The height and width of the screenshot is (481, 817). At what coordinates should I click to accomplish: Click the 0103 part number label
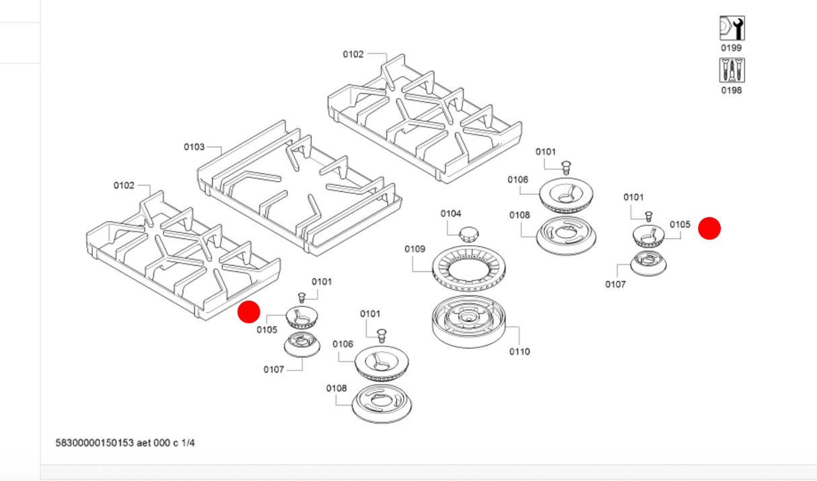click(x=194, y=146)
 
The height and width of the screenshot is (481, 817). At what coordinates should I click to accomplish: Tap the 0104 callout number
click(x=451, y=214)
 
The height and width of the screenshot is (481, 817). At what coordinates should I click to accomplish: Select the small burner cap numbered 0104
click(x=468, y=234)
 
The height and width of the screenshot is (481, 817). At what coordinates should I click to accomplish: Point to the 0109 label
click(x=415, y=249)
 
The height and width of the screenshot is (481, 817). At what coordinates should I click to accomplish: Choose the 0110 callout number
click(x=520, y=351)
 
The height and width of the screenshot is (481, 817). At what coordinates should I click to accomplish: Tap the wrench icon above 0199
click(x=732, y=28)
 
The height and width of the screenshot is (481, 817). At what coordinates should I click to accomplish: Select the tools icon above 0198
click(x=732, y=70)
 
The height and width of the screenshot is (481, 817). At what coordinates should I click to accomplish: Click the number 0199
click(x=732, y=48)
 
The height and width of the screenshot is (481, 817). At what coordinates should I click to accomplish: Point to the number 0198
click(x=732, y=90)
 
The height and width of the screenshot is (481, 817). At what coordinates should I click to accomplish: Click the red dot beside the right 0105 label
click(x=709, y=228)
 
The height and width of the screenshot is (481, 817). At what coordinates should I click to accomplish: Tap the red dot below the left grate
click(x=249, y=312)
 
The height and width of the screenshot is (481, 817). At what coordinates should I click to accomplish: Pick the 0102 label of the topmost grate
click(x=353, y=54)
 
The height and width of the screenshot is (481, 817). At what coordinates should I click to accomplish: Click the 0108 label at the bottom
click(x=336, y=388)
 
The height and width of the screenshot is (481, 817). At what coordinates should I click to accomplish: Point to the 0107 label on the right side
click(x=615, y=284)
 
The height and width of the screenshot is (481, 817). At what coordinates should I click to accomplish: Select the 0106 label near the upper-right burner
click(x=518, y=180)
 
